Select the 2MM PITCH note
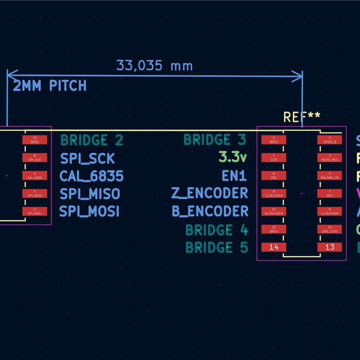[50, 86]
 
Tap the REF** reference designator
[302, 118]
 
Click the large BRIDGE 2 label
[92, 141]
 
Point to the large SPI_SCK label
[87, 159]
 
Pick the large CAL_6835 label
[91, 176]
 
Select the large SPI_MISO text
[89, 194]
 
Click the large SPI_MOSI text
[89, 211]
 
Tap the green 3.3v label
[233, 158]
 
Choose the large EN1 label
[234, 176]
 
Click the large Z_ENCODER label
[209, 193]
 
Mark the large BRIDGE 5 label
[216, 247]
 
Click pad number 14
[274, 247]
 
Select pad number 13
[329, 247]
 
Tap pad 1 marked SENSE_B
[329, 140]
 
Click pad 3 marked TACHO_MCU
[329, 158]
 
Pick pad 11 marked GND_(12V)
[329, 229]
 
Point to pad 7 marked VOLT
[329, 194]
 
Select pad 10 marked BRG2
[34, 140]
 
